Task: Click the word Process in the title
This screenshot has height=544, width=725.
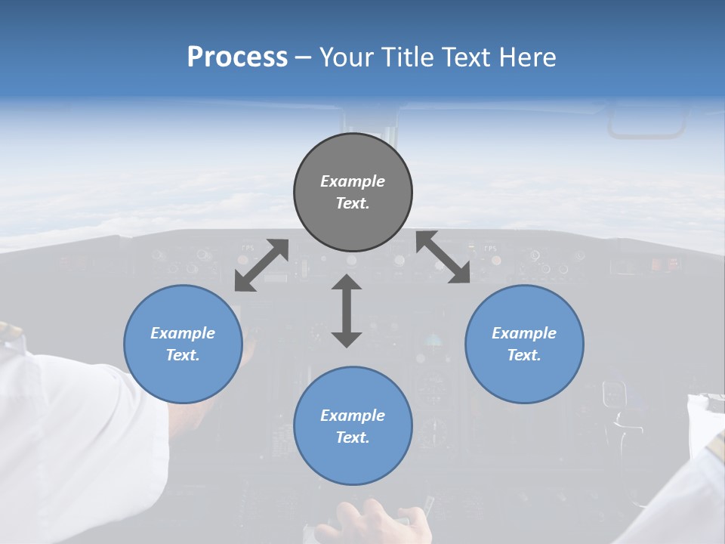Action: point(237,57)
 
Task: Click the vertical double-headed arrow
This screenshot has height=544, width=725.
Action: point(347,311)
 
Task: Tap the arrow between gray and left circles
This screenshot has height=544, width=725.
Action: point(261,265)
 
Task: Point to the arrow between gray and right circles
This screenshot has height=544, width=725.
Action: point(443,258)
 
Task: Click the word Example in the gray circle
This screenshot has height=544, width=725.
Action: point(353,181)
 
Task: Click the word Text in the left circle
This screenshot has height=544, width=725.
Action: point(183,355)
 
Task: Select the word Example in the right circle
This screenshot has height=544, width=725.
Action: point(524,333)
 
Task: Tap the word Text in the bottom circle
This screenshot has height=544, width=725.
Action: point(353,437)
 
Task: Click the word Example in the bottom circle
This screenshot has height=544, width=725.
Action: point(353,416)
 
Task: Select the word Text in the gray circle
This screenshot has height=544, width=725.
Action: point(353,203)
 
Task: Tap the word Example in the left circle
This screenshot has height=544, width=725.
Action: point(183,333)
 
